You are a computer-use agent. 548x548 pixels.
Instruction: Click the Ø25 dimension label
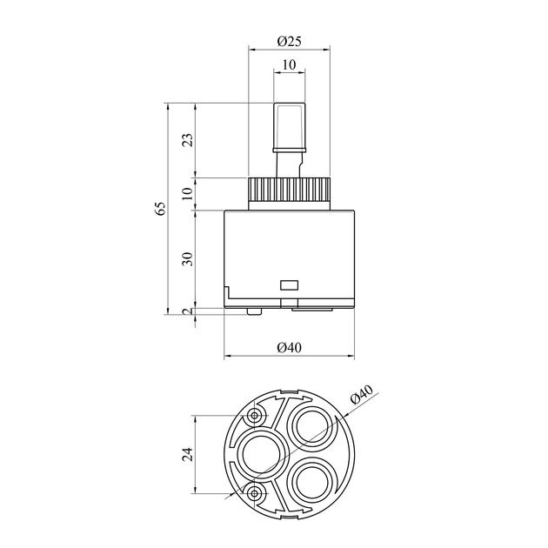click(x=289, y=42)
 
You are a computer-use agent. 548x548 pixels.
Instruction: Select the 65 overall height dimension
click(x=160, y=209)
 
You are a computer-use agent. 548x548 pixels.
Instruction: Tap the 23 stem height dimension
click(x=188, y=140)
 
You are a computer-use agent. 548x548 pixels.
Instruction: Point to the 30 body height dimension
click(x=188, y=259)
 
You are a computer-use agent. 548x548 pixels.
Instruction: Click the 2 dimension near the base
click(x=188, y=311)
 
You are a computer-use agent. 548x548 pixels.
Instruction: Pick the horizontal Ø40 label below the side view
click(x=289, y=348)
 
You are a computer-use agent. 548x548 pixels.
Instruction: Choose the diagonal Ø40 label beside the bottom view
click(x=361, y=394)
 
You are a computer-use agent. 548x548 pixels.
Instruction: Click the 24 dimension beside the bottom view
click(x=188, y=454)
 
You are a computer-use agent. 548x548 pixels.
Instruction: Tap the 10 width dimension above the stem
click(x=289, y=64)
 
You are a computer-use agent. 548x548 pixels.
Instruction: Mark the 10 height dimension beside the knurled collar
click(x=188, y=194)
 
